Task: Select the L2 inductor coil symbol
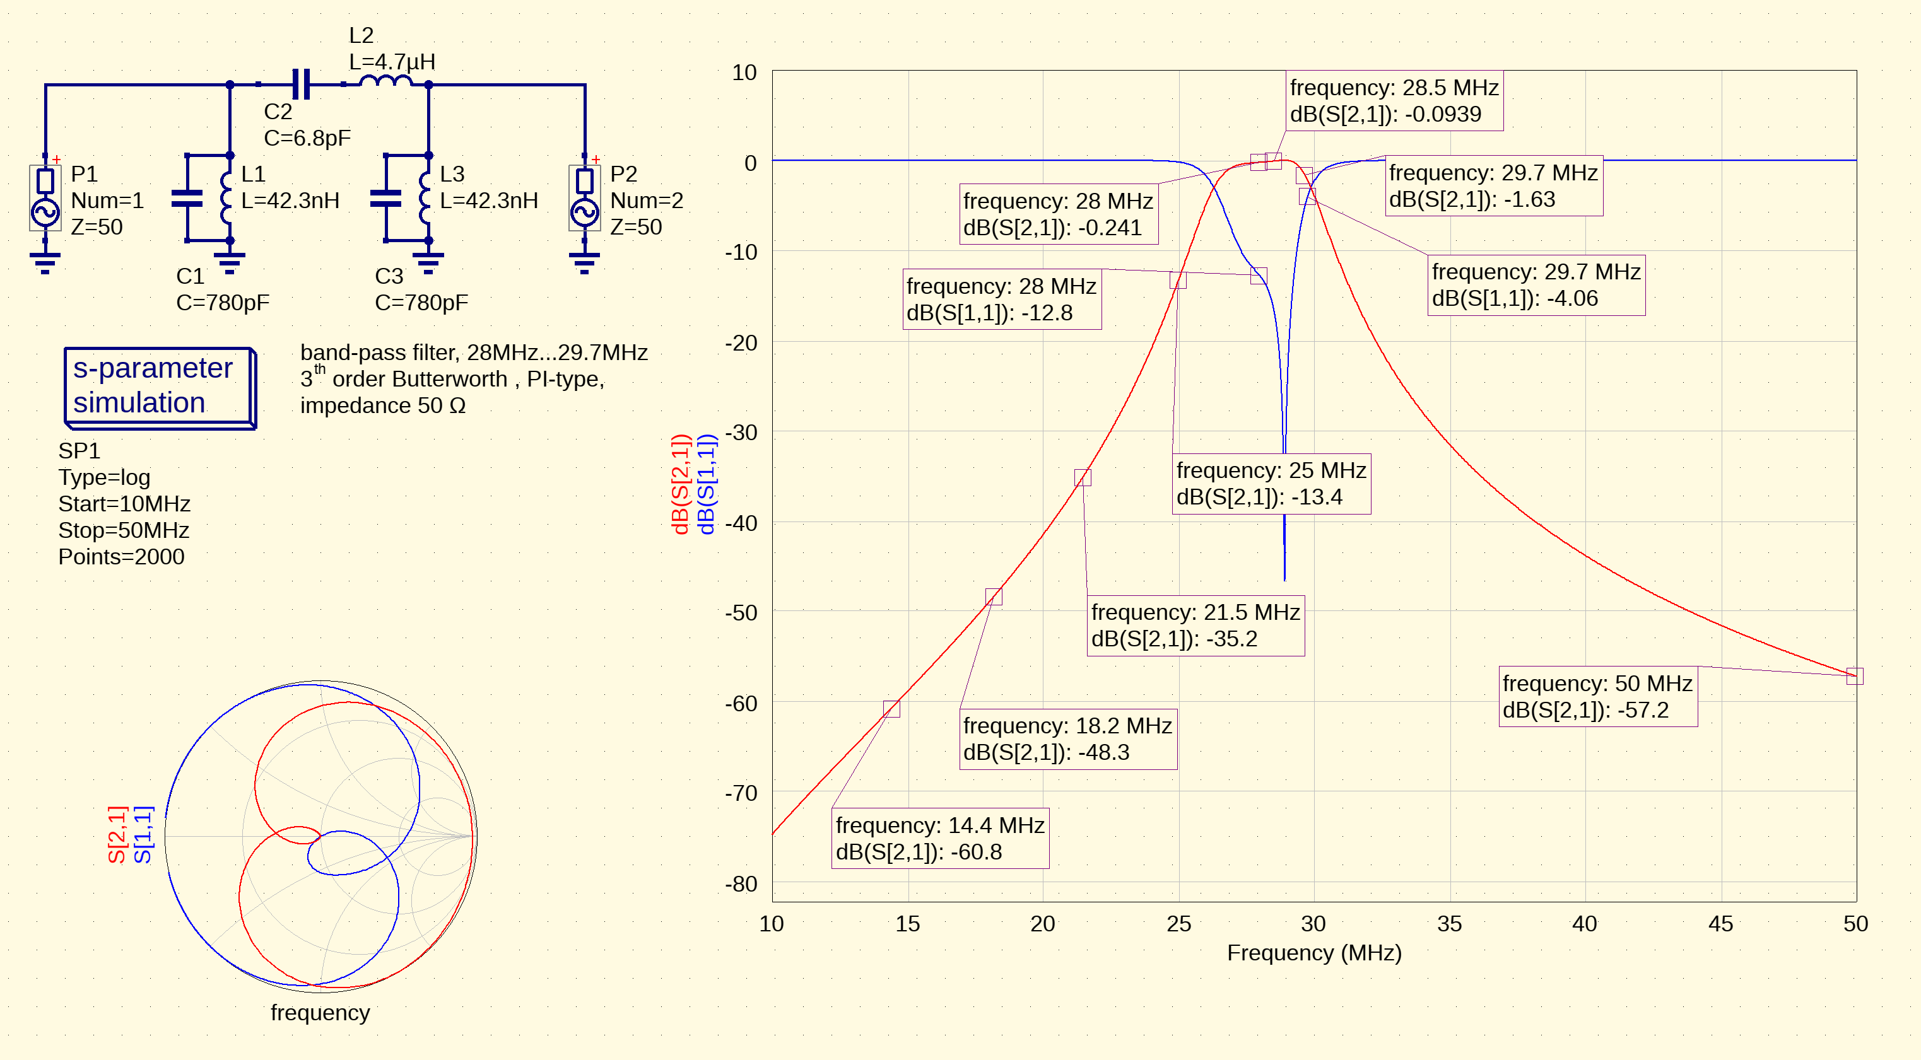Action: [385, 81]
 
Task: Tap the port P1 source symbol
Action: [45, 198]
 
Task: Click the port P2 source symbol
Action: [585, 198]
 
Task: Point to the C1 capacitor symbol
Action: [187, 198]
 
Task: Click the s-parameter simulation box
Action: [160, 387]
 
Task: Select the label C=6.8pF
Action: [307, 138]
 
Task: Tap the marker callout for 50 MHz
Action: [1597, 696]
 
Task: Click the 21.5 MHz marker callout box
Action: [1195, 626]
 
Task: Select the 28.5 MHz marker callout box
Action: [1394, 101]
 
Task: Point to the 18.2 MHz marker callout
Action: [1068, 738]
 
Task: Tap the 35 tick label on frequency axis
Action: [1449, 924]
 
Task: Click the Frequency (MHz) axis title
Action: [1314, 953]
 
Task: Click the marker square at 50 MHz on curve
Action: [1855, 676]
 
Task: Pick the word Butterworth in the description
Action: [450, 379]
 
